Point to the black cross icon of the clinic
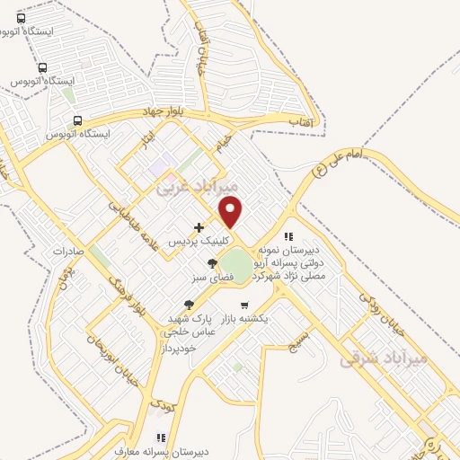(x=199, y=227)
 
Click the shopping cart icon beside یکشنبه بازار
(x=243, y=305)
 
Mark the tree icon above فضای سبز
(x=211, y=263)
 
